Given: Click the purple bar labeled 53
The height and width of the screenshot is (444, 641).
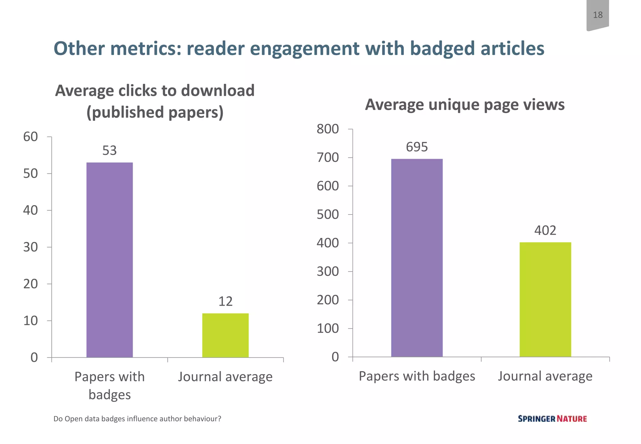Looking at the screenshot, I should [110, 260].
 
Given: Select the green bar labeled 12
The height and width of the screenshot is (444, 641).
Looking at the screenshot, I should [225, 335].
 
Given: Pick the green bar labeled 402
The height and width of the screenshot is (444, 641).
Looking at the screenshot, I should [545, 300].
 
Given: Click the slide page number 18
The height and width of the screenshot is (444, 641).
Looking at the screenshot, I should [597, 15].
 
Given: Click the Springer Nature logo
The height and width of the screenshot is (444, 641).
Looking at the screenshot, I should [552, 419].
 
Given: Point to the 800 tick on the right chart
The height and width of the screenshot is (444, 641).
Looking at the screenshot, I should [328, 129].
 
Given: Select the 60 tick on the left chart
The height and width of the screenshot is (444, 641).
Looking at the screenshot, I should [30, 137].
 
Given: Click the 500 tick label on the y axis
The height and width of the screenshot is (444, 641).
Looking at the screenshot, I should [328, 214].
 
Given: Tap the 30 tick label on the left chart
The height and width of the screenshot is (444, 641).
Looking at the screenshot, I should [30, 247].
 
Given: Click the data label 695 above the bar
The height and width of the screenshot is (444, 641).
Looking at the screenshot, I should [417, 147].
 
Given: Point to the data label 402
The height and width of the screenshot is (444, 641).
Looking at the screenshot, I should [545, 230].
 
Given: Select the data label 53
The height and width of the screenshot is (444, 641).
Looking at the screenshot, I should [110, 151].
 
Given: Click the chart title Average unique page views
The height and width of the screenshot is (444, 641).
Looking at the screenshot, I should [465, 104].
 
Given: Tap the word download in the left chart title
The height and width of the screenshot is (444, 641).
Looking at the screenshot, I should [218, 90].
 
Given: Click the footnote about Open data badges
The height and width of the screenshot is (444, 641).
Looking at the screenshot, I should [137, 419].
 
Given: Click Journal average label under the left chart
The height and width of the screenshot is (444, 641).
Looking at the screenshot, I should [225, 376].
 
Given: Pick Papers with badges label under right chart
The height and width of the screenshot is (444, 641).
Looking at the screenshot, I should [417, 376].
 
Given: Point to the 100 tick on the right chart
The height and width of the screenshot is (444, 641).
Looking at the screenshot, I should [328, 328].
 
